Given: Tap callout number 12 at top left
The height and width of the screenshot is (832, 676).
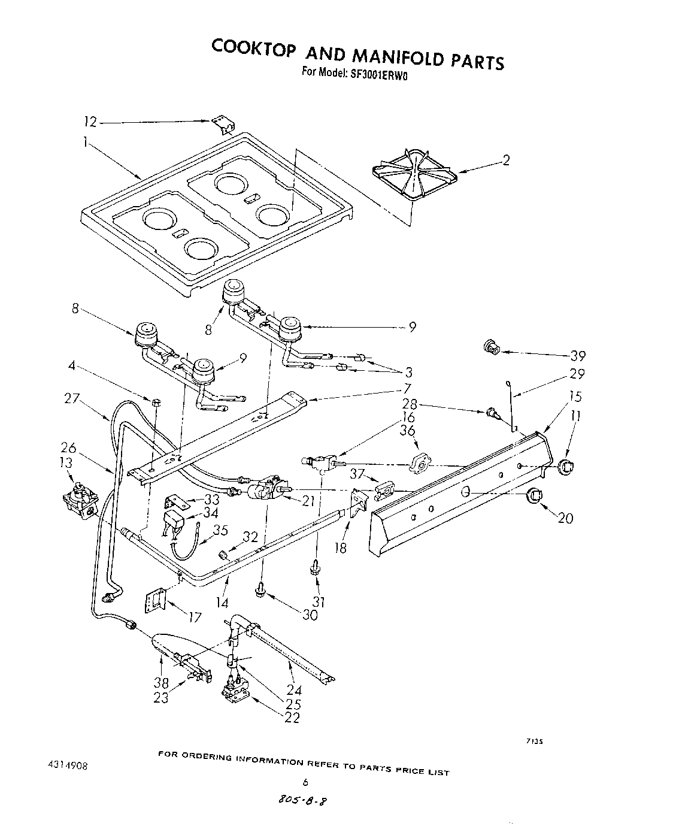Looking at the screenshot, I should pos(90,122).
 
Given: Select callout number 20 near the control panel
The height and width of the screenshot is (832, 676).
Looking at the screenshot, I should pos(565,518).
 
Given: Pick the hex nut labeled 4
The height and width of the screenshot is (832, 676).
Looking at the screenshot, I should pos(154,401).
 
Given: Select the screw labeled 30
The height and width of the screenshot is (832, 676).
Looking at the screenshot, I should pos(261,591).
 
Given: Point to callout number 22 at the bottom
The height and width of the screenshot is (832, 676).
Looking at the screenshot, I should pos(292,718).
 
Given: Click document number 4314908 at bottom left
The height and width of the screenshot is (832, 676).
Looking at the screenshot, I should pos(69,766).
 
